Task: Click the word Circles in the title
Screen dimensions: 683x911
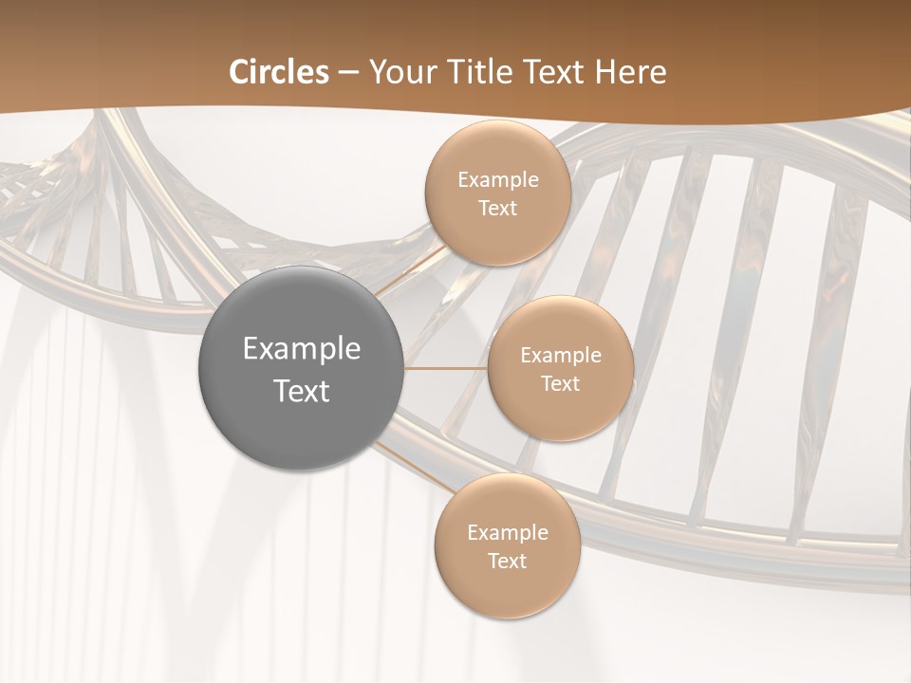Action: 279,72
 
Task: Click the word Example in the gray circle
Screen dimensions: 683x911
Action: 301,349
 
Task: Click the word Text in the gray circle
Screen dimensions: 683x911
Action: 301,391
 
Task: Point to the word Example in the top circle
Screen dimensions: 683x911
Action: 497,180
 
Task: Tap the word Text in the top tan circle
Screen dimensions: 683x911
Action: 497,209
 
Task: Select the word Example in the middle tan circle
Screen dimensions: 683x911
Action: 560,356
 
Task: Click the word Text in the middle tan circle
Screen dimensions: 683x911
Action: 560,384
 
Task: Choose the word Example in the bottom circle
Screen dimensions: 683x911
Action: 507,533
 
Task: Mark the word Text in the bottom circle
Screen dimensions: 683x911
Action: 507,562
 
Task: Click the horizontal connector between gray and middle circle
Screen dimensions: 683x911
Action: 445,368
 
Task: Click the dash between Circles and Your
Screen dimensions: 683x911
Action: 348,73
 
